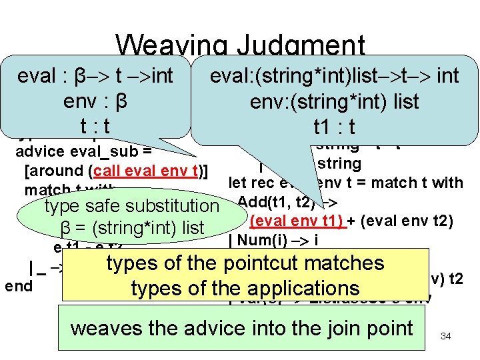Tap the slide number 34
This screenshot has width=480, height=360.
coord(446,337)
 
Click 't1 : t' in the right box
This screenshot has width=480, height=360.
coord(334,127)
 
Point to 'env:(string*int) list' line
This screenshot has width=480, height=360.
coord(334,101)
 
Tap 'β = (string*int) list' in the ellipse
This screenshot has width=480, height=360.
coord(133,229)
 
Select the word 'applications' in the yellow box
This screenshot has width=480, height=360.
coord(307,288)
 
